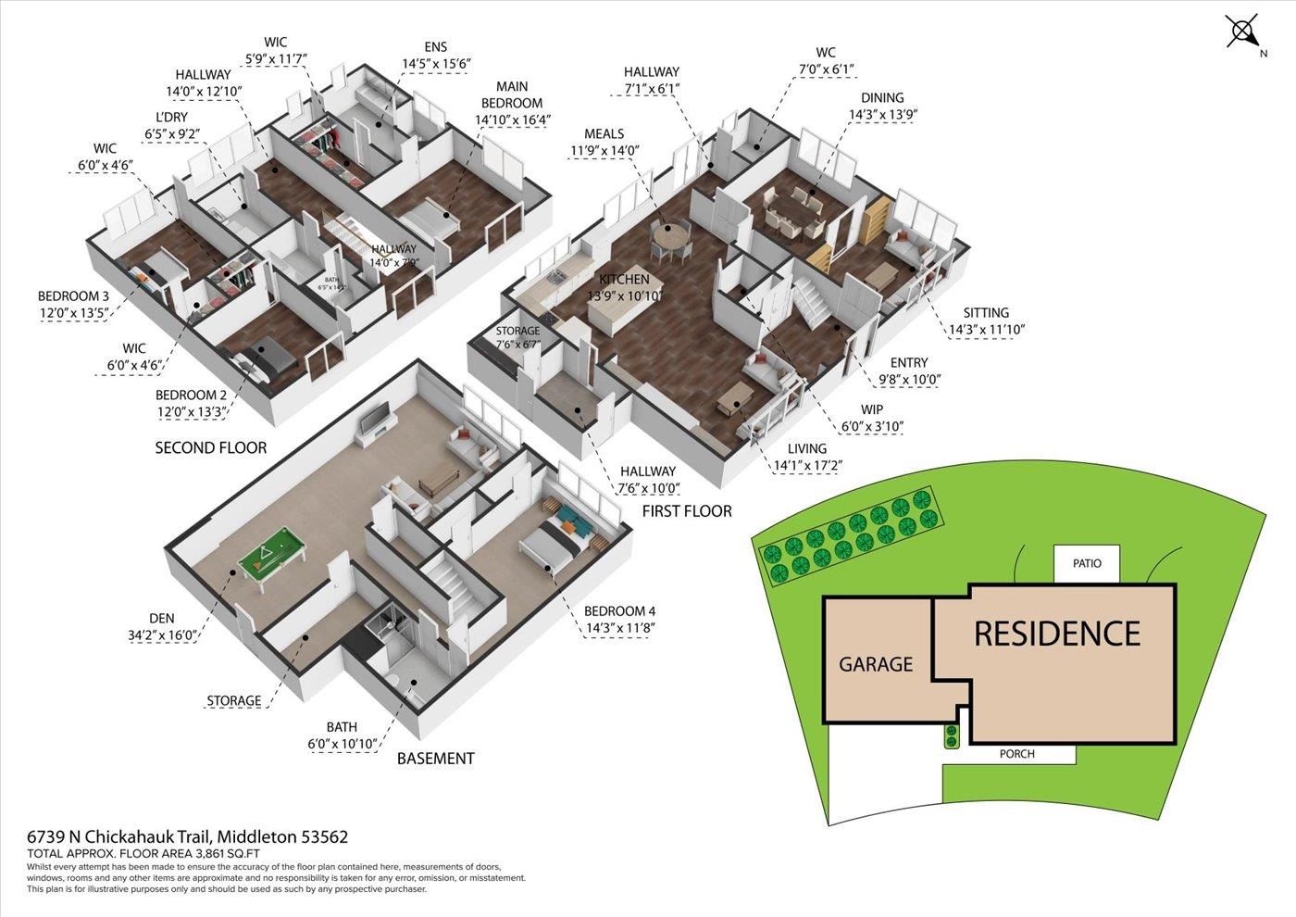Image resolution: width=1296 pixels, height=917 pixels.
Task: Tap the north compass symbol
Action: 1242,31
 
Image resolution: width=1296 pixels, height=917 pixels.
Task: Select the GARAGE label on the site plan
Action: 875,664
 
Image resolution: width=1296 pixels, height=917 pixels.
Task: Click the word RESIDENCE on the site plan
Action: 1056,634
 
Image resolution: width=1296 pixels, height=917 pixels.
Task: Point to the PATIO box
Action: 1087,563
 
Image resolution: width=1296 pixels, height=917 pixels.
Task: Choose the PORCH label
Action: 1016,754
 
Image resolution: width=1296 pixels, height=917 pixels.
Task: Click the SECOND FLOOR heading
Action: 210,447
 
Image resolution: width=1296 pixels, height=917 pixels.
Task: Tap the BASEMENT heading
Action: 435,758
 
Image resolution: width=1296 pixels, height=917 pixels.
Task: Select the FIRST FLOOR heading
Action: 687,510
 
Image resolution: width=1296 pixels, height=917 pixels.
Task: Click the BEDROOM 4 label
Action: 619,620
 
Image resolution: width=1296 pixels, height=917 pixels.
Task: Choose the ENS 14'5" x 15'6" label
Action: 436,56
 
